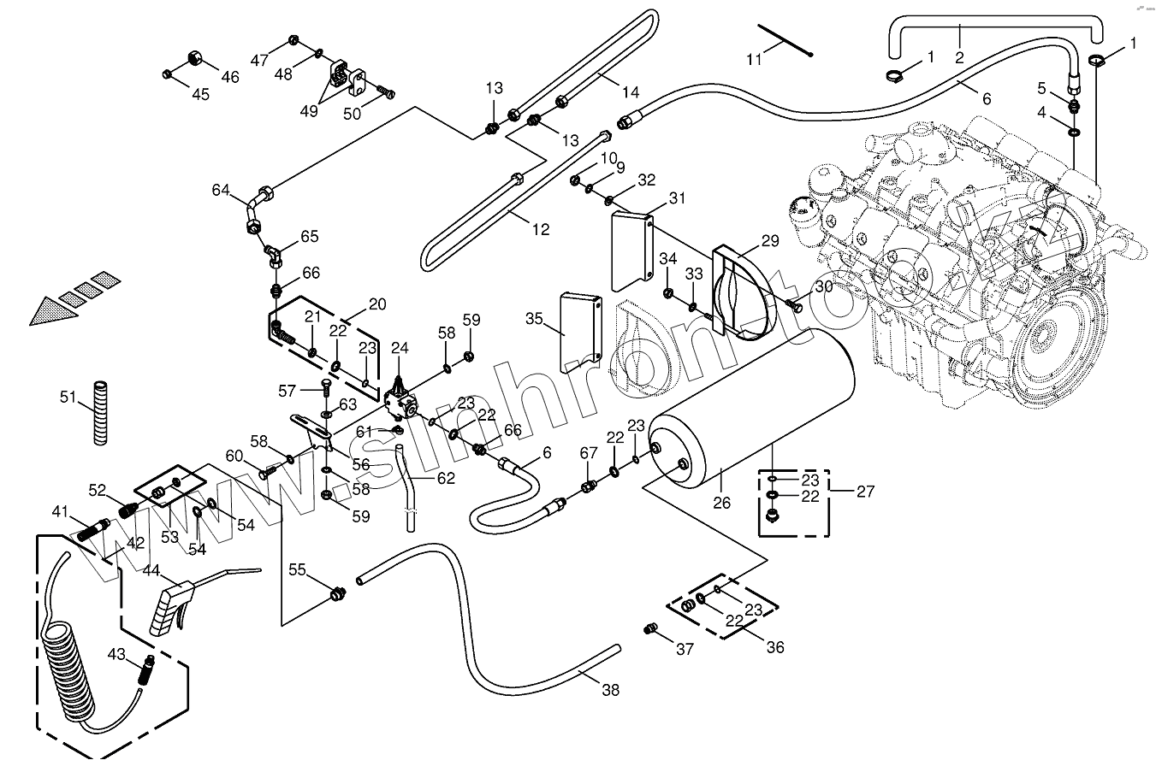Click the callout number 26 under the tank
point(722,502)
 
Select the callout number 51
point(69,397)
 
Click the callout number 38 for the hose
point(610,691)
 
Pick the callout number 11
point(753,59)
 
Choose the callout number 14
point(631,92)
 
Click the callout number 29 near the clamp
point(769,242)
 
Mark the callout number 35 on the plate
point(534,319)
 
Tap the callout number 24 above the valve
point(400,348)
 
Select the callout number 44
point(151,570)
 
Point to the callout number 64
point(221,189)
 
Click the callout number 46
point(230,77)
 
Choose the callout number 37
point(685,649)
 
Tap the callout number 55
point(296,569)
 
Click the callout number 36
point(775,647)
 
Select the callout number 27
point(865,491)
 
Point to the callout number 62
point(446,479)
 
